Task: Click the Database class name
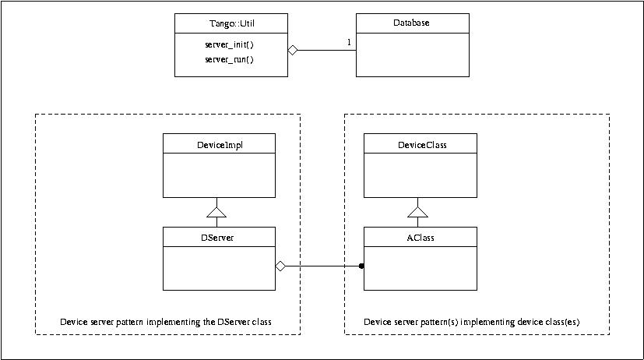tap(412, 23)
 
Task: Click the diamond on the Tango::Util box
tap(293, 51)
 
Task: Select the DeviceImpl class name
tap(218, 144)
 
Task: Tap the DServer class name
tap(218, 237)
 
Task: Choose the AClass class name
tap(421, 237)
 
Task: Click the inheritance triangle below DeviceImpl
tap(218, 211)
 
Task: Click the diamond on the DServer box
tap(281, 266)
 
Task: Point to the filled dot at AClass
tap(361, 266)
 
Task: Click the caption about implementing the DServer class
tap(166, 321)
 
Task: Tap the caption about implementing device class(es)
tap(472, 321)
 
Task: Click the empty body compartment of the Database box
tap(412, 55)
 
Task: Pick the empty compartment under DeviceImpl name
tap(218, 175)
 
